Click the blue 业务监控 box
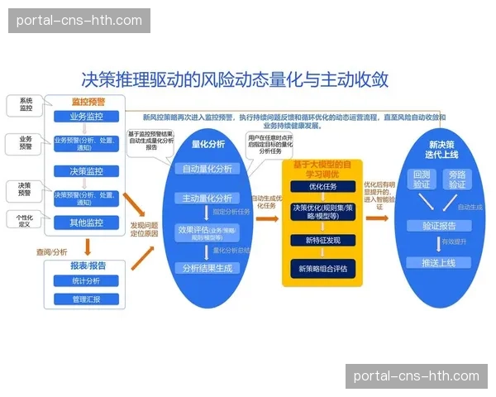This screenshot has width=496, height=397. click(87, 117)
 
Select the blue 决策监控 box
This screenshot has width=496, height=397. click(87, 171)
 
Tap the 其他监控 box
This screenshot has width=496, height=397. click(87, 222)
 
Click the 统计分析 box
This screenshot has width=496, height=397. click(86, 281)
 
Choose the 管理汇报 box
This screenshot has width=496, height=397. click(86, 299)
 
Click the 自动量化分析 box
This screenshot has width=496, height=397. click(208, 169)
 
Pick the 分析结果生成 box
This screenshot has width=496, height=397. click(208, 268)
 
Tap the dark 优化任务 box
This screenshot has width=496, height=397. click(322, 187)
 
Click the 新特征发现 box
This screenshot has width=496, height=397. click(322, 240)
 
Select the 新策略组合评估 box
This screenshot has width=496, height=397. click(322, 269)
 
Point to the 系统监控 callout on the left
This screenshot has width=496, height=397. click(26, 104)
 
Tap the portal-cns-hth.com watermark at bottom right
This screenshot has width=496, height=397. click(416, 375)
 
